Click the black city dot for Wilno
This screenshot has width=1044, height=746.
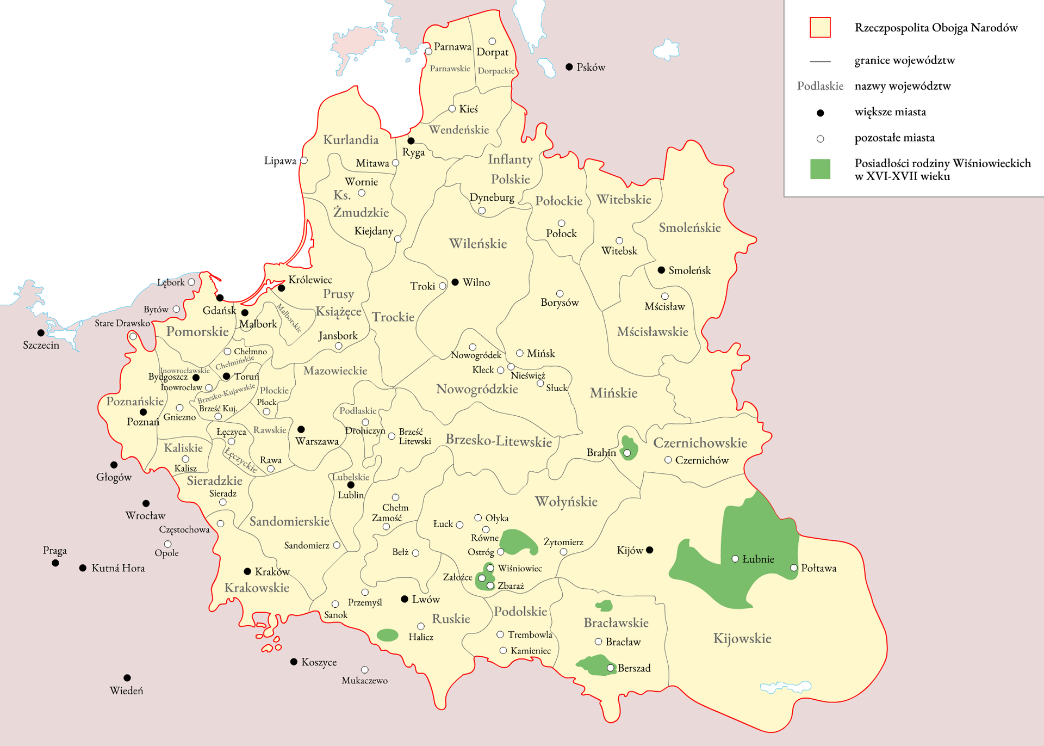point(455,282)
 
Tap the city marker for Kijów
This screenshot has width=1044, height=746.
point(649,550)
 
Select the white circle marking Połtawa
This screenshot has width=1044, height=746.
point(794,568)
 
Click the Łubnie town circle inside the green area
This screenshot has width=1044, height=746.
point(735,559)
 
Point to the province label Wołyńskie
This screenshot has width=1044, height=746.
point(566,501)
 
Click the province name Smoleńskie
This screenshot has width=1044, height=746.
point(689,227)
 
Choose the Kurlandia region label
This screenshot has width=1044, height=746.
point(351,140)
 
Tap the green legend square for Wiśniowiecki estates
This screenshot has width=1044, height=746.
point(820,169)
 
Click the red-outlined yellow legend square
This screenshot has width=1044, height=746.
point(820,27)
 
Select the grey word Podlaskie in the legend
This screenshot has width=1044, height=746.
point(820,86)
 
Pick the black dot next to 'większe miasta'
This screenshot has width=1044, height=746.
point(821,113)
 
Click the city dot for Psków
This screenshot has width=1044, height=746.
point(569,67)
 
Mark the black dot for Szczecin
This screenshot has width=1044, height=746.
point(41,332)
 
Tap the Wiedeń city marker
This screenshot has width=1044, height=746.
point(127,678)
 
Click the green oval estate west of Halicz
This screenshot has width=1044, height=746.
point(387,635)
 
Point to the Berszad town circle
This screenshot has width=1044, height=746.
point(611,668)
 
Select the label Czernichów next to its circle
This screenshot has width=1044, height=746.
point(701,460)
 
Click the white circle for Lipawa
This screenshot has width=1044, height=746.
point(304,161)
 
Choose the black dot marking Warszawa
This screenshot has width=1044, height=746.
point(301,429)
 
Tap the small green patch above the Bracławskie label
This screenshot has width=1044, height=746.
point(604,606)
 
